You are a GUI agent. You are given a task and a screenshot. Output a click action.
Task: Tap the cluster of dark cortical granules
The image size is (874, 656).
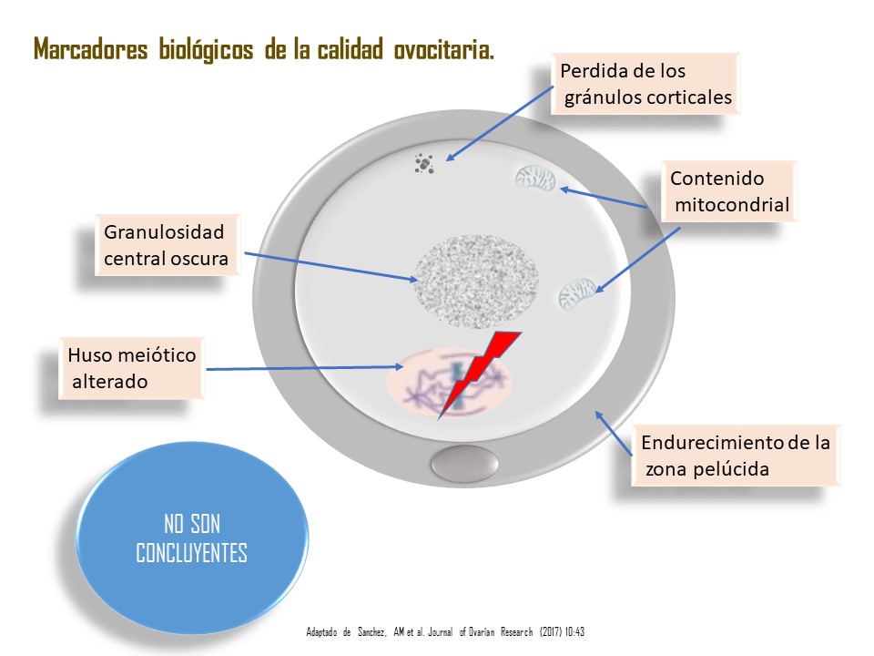[x=424, y=164]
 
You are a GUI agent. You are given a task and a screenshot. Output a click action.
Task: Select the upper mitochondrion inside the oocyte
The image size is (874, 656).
[x=535, y=179]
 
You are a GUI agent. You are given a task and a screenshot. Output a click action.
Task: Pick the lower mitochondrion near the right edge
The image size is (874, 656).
[x=577, y=293]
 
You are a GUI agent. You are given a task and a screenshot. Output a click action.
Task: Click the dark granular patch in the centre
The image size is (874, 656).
[x=476, y=282]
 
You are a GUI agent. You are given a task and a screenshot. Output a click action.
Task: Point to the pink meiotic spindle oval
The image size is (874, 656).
[x=449, y=384]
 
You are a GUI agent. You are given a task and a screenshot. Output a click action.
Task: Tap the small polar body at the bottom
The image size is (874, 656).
[x=464, y=464]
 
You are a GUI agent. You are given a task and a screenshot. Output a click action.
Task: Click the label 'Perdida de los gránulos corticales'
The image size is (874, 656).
[x=645, y=84]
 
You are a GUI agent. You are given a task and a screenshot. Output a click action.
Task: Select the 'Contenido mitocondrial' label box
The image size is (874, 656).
[x=728, y=191]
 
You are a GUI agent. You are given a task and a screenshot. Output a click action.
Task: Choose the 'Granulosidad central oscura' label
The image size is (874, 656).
[x=168, y=245]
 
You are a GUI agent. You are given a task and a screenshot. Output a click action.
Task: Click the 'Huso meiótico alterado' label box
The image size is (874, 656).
[x=131, y=368]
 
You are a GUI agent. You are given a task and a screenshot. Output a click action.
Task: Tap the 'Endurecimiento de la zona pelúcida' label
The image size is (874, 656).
[x=735, y=456]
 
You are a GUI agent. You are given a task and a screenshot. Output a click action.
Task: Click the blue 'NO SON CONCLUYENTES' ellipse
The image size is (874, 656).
[x=192, y=538]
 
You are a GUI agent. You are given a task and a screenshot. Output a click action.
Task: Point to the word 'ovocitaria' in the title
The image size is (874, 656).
[x=443, y=49]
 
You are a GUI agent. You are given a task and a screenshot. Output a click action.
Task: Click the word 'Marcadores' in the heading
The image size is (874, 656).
[x=90, y=49]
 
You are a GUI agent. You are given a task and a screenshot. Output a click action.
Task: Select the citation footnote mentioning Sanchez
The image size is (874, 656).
[x=445, y=631]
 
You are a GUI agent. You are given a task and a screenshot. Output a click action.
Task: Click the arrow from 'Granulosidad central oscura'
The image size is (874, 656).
[x=331, y=267]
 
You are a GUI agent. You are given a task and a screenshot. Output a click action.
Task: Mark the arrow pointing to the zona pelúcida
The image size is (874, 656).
[x=613, y=433]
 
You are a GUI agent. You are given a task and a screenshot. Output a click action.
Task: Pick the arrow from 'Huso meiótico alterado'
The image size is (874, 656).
[x=305, y=367]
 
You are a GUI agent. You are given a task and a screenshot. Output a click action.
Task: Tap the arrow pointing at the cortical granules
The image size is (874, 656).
[x=500, y=123]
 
